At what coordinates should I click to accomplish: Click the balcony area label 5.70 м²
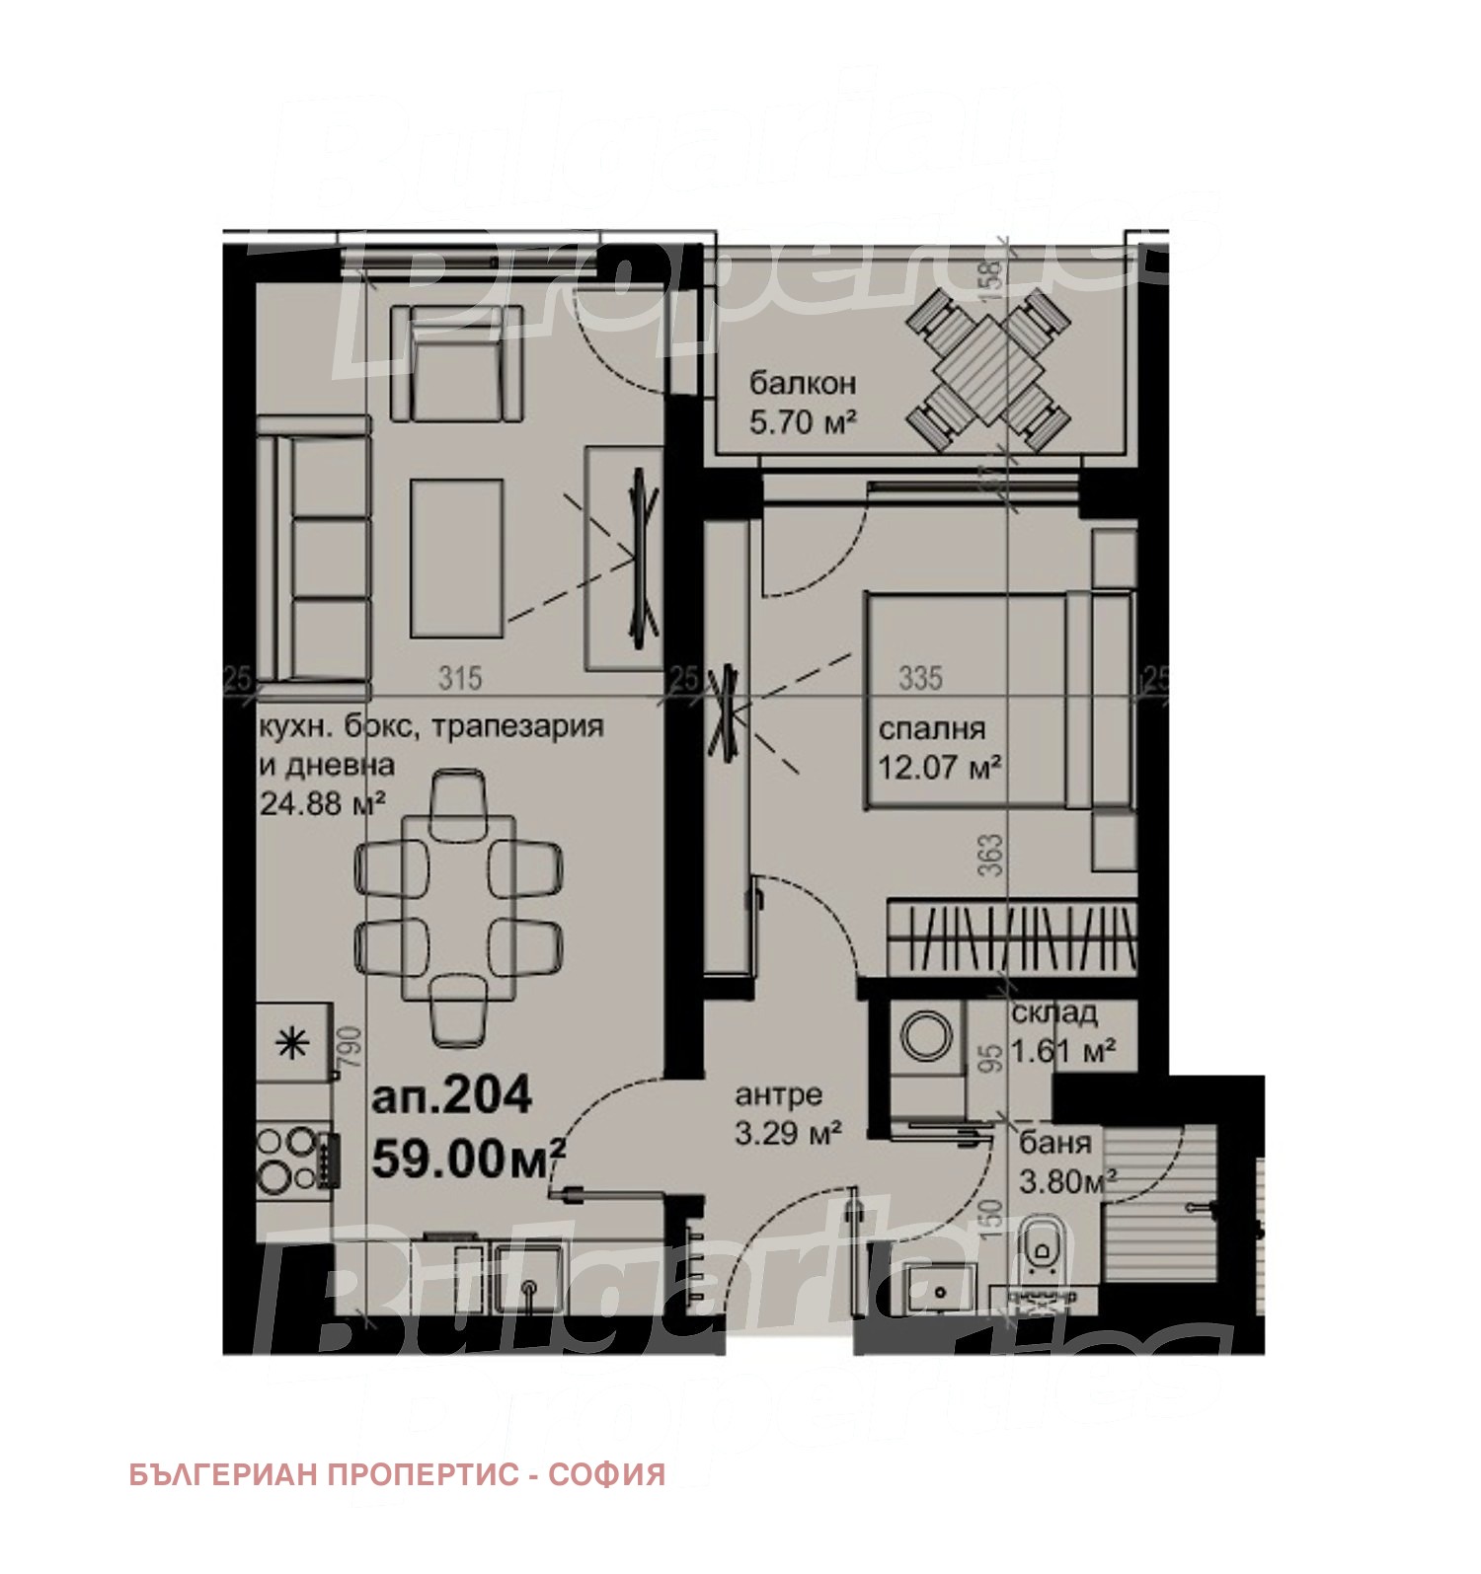coord(802,423)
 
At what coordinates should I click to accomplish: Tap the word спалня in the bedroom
coord(931,728)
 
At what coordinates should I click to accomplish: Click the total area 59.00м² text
coord(468,1158)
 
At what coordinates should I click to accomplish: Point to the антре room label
coord(778,1094)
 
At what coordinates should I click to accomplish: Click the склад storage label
coord(1053,1012)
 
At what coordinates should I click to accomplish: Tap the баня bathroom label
coord(1054,1143)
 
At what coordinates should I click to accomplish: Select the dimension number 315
coord(460,678)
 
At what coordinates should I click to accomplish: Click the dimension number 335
coord(920,678)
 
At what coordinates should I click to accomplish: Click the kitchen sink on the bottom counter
coord(530,1280)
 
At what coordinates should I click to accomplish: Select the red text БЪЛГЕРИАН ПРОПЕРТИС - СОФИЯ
coord(397,1474)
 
